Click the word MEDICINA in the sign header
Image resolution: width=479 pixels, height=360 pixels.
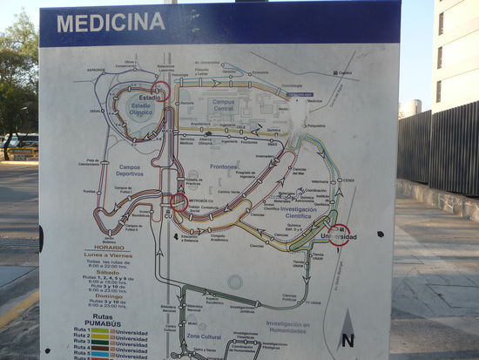pyautogui.click(x=111, y=23)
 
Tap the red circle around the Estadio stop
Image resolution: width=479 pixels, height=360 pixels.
pyautogui.click(x=160, y=91)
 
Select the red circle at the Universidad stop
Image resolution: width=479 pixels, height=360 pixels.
pyautogui.click(x=340, y=235)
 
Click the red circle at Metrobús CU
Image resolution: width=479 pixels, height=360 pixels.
pyautogui.click(x=179, y=202)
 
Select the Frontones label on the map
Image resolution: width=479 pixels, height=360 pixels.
pyautogui.click(x=224, y=165)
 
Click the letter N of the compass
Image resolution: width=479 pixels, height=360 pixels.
pyautogui.click(x=347, y=341)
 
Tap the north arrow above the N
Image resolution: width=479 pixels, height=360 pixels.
pyautogui.click(x=346, y=322)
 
